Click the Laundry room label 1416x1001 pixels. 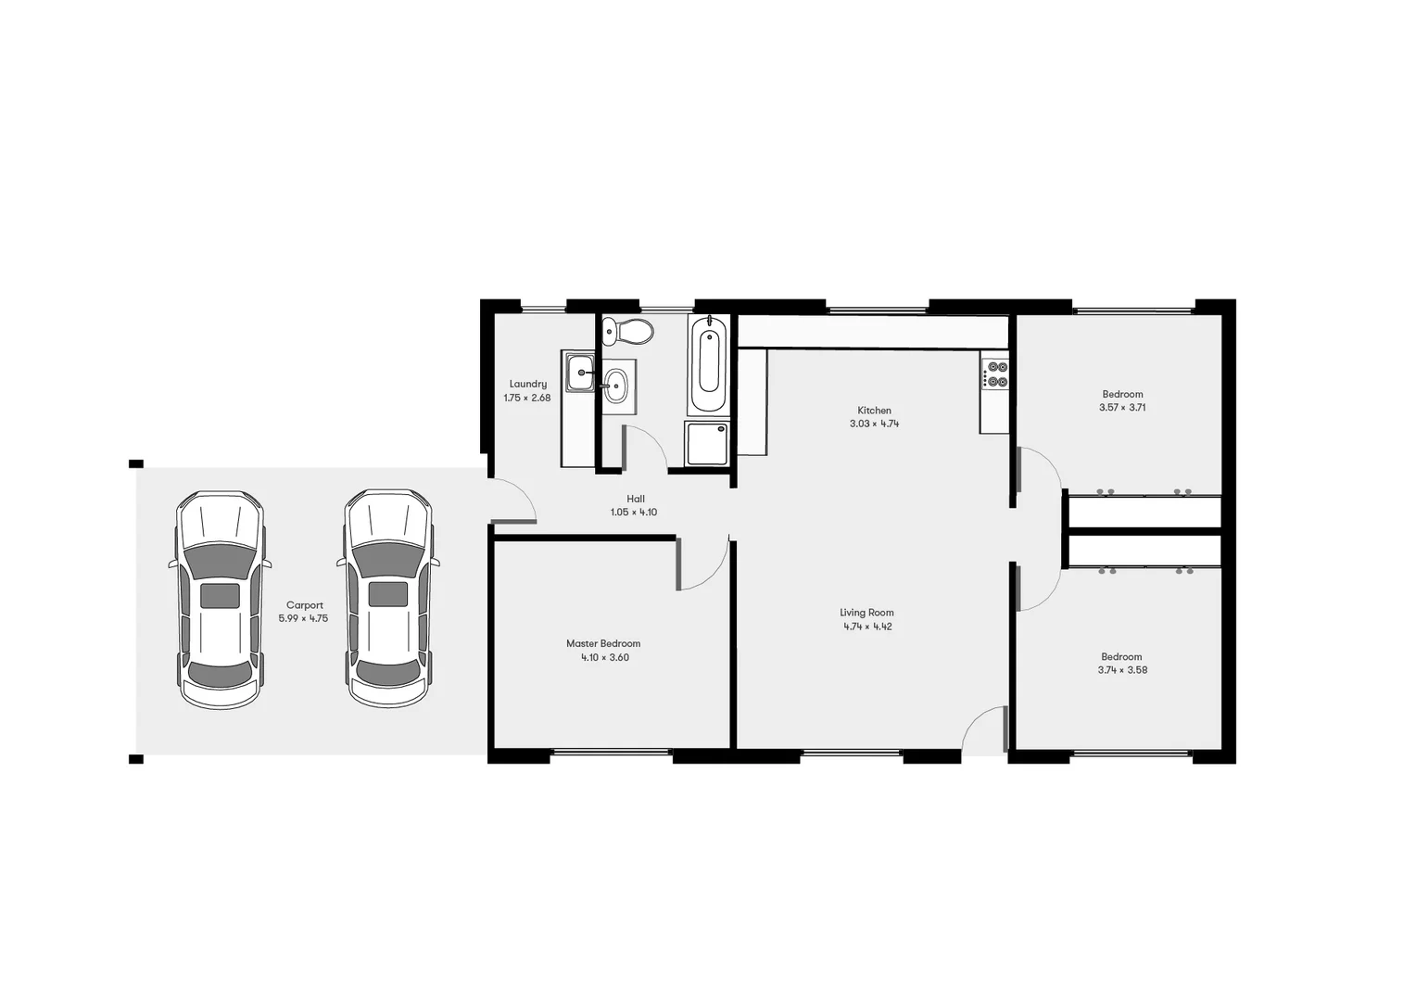(x=527, y=384)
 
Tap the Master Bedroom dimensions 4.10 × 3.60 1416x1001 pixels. (x=604, y=658)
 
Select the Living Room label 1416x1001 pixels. (x=866, y=613)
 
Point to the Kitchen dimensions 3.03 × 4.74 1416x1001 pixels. (x=874, y=424)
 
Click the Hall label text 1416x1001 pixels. (x=635, y=499)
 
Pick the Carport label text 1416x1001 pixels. (x=304, y=605)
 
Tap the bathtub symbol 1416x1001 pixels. (x=709, y=364)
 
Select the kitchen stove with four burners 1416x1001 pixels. (x=996, y=374)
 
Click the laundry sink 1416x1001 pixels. (x=581, y=374)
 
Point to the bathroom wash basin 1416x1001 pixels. (x=615, y=386)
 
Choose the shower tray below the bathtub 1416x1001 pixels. (x=707, y=443)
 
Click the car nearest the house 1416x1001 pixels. (x=387, y=599)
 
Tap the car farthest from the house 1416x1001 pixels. (x=220, y=599)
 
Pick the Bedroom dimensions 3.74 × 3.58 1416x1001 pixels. (x=1122, y=670)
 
